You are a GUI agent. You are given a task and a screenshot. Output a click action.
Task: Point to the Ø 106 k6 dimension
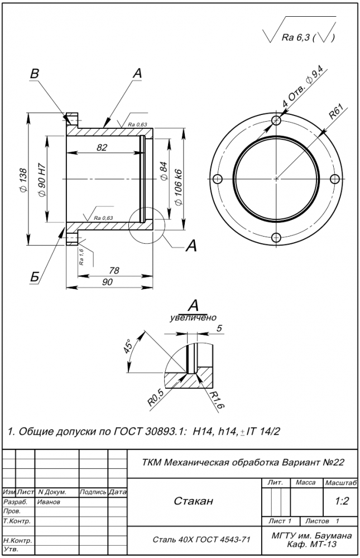tap(179, 187)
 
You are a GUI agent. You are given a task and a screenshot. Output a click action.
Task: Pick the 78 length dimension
tap(114, 270)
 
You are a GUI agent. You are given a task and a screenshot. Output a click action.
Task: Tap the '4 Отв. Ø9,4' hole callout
tap(302, 89)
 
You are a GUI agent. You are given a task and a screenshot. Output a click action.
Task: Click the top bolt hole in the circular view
tap(276, 121)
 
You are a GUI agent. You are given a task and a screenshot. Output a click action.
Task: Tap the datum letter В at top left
tap(35, 73)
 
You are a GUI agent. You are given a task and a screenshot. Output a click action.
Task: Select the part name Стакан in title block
tap(193, 501)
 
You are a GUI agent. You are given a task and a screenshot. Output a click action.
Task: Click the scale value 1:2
tap(342, 501)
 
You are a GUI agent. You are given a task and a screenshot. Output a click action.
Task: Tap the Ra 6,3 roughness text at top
tap(296, 37)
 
